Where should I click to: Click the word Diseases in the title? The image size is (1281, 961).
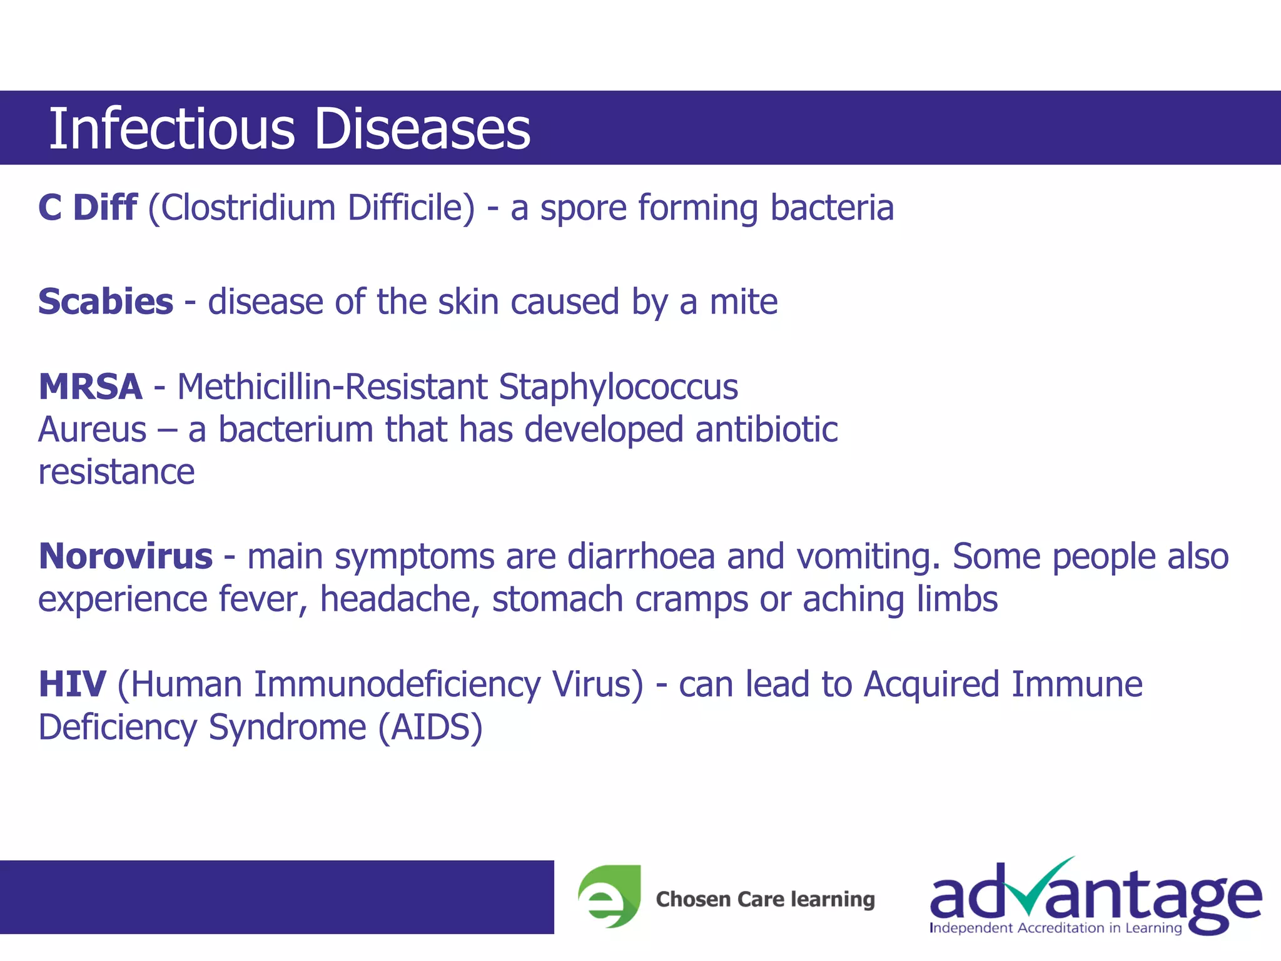(x=422, y=129)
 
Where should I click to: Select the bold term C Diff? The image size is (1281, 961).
(x=88, y=208)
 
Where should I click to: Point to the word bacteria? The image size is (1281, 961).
(x=831, y=208)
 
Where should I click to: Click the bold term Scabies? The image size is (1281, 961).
(x=106, y=302)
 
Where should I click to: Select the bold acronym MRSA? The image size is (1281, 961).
(x=91, y=387)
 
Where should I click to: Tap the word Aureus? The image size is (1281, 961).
(x=92, y=430)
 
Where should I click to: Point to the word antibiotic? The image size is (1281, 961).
(x=766, y=430)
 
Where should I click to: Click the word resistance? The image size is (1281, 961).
(x=116, y=472)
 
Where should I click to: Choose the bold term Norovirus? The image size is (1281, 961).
(x=126, y=557)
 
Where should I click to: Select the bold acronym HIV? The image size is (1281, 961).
(x=72, y=684)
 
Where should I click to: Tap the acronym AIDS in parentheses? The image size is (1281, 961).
(x=430, y=728)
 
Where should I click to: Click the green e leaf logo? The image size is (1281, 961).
(x=609, y=896)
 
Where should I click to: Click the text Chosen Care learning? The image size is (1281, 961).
(x=765, y=899)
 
